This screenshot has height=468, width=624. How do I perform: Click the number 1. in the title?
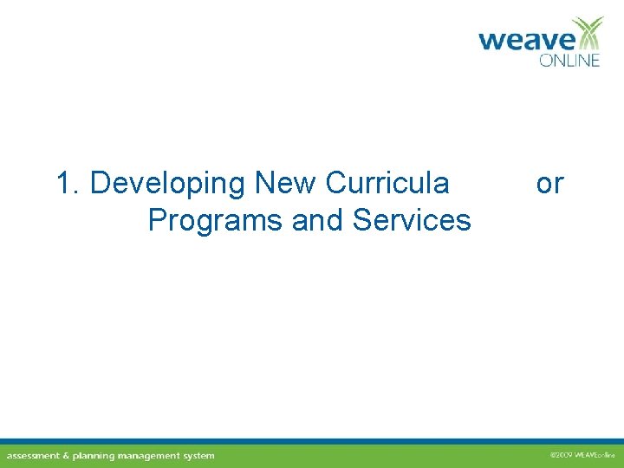click(x=68, y=184)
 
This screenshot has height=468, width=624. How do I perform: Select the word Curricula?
click(x=387, y=184)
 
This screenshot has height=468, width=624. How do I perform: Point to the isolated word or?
click(x=549, y=184)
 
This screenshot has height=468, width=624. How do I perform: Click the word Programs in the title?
click(x=216, y=221)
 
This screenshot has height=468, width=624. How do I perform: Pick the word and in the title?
click(x=318, y=221)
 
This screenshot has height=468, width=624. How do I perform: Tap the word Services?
click(x=412, y=221)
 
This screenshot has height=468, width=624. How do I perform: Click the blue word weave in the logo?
click(x=526, y=41)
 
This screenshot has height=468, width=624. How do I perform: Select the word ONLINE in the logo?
click(x=569, y=61)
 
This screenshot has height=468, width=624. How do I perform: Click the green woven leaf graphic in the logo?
click(x=589, y=33)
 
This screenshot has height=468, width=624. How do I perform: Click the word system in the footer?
click(x=200, y=456)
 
